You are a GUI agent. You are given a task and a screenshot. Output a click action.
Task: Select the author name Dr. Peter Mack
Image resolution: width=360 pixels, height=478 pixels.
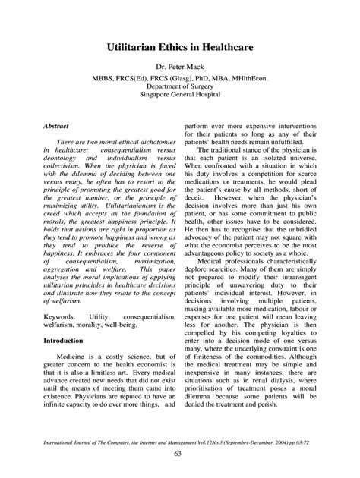pos(180,68)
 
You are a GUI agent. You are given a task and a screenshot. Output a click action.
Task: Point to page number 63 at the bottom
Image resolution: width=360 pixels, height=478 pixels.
pos(180,454)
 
